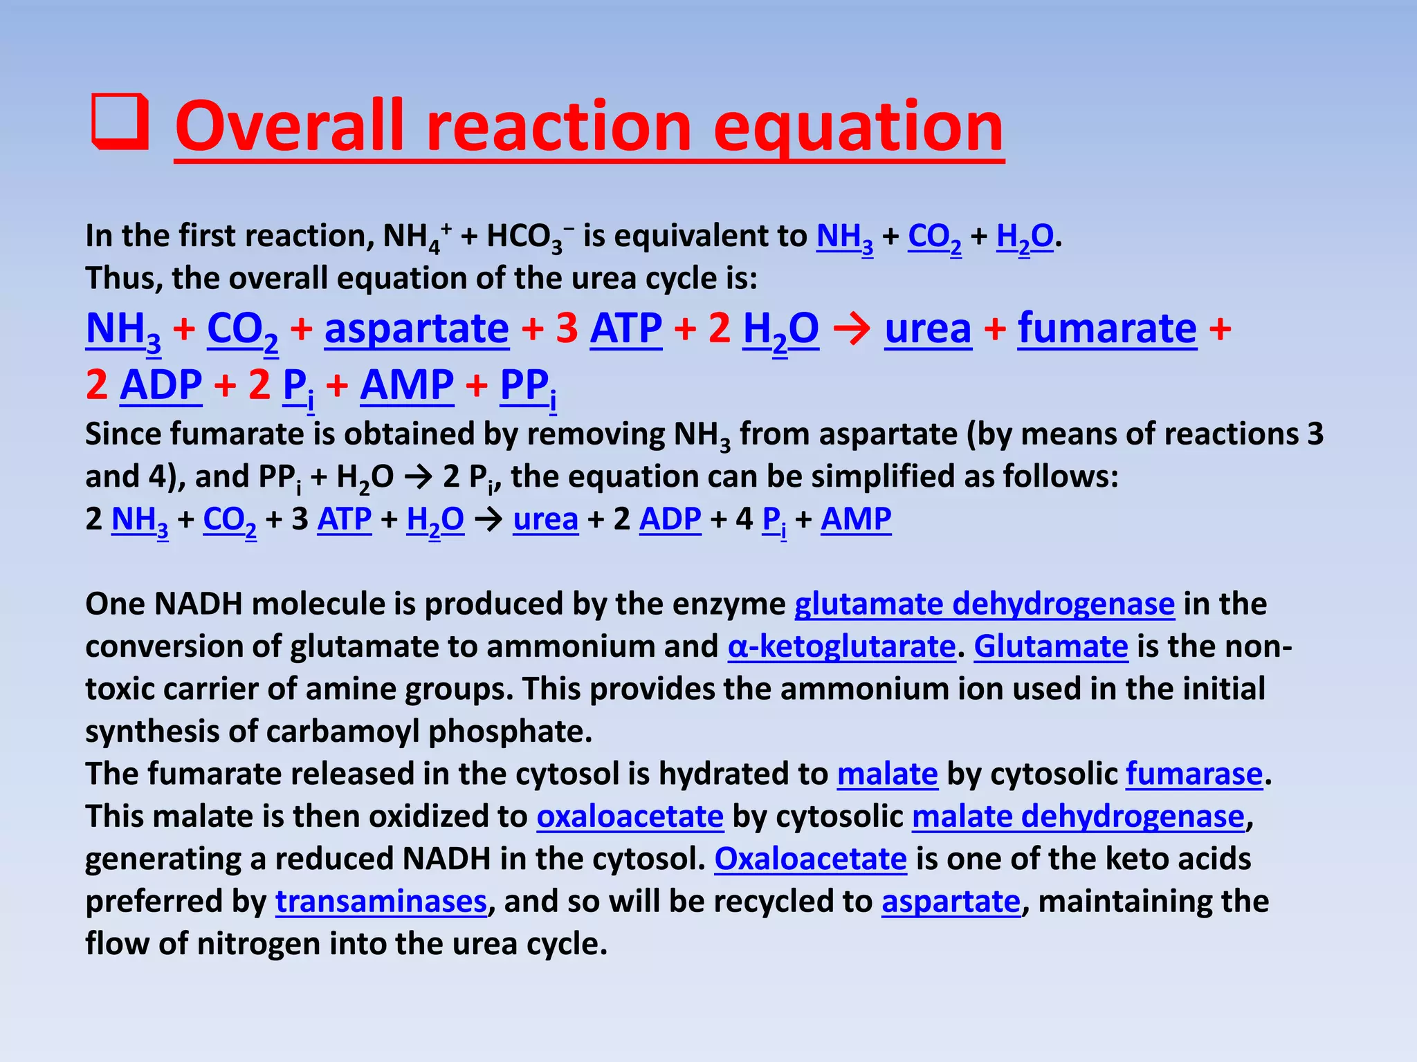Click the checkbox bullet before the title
click(x=120, y=122)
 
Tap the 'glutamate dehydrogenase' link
click(x=984, y=604)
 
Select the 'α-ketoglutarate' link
click(x=841, y=647)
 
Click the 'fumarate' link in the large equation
click(x=1107, y=328)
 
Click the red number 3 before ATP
click(x=567, y=328)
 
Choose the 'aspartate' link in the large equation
click(x=417, y=328)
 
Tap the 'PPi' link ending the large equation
click(x=528, y=386)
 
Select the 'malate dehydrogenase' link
click(x=1078, y=817)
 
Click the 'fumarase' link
click(x=1194, y=774)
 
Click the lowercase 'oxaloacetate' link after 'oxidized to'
click(x=630, y=817)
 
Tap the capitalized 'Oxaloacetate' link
click(x=810, y=859)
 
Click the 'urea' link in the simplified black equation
click(x=545, y=519)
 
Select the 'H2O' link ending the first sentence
click(x=1025, y=237)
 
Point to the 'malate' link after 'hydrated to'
click(x=887, y=774)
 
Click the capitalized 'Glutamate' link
click(x=1051, y=647)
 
